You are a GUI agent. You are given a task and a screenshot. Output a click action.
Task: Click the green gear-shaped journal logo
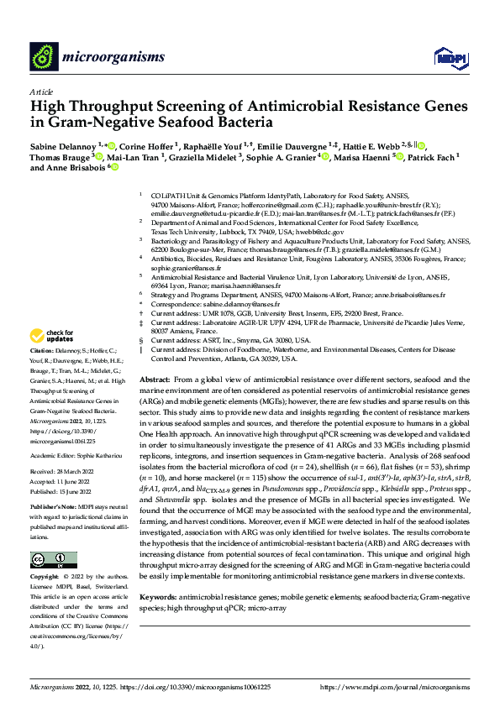tap(44, 55)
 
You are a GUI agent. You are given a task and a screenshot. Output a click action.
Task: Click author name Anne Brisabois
tap(76, 168)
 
